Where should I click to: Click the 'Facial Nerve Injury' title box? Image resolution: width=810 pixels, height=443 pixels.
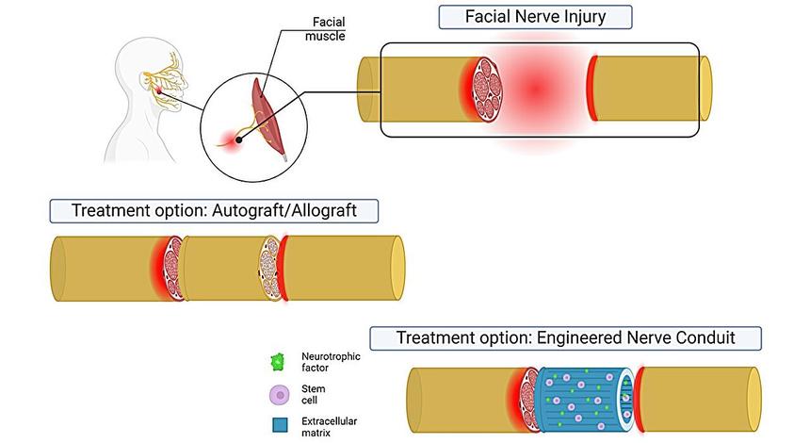[534, 17]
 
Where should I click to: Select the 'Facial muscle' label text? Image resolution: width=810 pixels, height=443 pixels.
[328, 29]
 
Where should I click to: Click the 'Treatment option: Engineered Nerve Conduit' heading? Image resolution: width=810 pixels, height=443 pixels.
[565, 337]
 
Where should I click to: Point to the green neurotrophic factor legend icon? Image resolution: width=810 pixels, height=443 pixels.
[278, 361]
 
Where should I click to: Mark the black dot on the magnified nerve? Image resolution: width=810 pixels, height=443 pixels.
[238, 139]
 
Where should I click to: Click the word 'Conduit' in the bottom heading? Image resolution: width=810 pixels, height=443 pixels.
[723, 337]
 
